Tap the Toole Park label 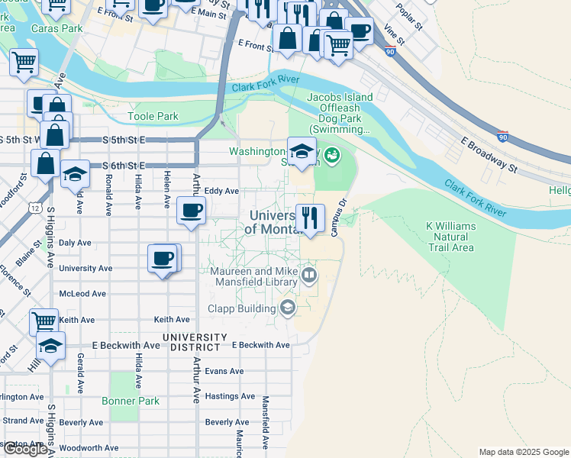click(x=153, y=117)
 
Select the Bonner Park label click(x=131, y=400)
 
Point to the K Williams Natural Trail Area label click(x=450, y=237)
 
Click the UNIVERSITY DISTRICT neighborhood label click(x=194, y=342)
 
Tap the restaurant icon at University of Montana click(x=310, y=218)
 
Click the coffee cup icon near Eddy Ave click(x=191, y=210)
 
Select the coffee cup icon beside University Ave click(x=163, y=258)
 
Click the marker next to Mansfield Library click(x=309, y=274)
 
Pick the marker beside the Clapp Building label click(x=288, y=308)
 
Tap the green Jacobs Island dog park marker click(x=331, y=156)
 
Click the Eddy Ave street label click(x=222, y=191)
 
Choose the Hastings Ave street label click(x=230, y=396)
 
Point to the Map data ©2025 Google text click(x=524, y=452)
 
